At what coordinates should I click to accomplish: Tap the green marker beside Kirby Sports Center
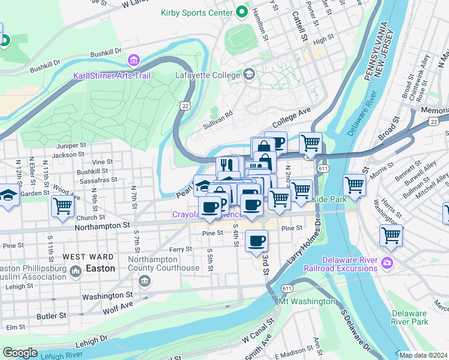[x=242, y=11]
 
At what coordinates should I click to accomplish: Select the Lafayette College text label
[x=205, y=75]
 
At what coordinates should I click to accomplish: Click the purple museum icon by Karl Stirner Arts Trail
[x=133, y=61]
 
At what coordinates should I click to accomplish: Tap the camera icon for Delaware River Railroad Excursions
[x=387, y=262]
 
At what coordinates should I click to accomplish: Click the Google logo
[x=20, y=353]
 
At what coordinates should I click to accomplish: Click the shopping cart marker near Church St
[x=62, y=206]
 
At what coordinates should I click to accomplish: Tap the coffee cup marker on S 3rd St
[x=256, y=241]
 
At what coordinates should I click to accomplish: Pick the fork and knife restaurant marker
[x=227, y=166]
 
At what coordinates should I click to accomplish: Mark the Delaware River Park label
[x=410, y=317]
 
